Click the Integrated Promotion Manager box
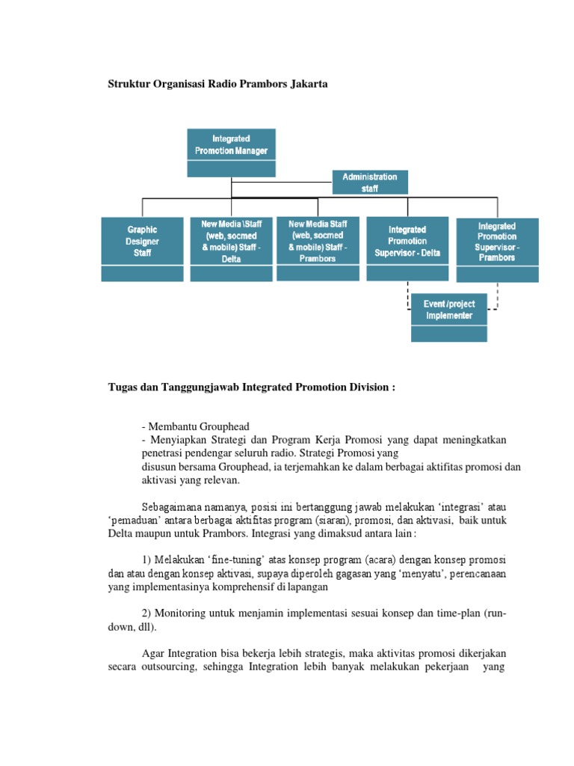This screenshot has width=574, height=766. coord(231,145)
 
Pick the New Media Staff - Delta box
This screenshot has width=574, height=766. coord(231,240)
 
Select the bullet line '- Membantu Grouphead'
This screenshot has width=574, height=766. coord(189,426)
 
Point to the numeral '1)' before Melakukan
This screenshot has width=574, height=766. coord(146,560)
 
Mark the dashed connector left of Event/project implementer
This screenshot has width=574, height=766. coord(407,296)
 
